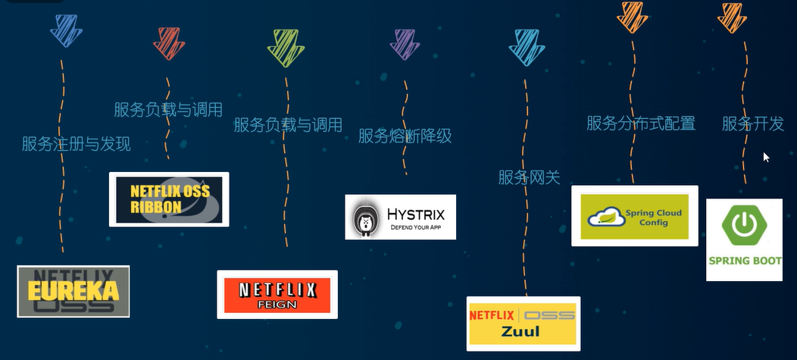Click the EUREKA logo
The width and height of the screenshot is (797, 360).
coord(73,291)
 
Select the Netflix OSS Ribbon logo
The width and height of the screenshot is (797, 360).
coord(169,199)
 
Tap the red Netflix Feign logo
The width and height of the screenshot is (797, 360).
coord(277,294)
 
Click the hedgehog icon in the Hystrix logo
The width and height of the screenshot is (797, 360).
coord(364,218)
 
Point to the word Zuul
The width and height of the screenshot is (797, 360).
coord(522,331)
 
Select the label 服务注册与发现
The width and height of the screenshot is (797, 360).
coord(76,144)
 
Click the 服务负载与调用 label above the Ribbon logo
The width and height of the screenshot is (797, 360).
coord(168,110)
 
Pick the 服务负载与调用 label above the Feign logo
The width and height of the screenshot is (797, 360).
coord(288,125)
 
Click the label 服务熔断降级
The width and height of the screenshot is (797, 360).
coord(405,136)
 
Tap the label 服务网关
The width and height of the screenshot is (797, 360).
coord(529,177)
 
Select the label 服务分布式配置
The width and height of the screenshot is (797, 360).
coord(641,123)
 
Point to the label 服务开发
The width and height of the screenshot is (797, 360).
coord(752,123)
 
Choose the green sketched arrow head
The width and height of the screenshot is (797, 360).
coord(286,47)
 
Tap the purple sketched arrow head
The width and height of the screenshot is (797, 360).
coord(405,44)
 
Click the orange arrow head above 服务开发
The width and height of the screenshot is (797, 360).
coord(732,17)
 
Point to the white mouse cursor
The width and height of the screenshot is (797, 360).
coord(765,156)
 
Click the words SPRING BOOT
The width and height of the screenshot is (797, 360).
coord(744,261)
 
